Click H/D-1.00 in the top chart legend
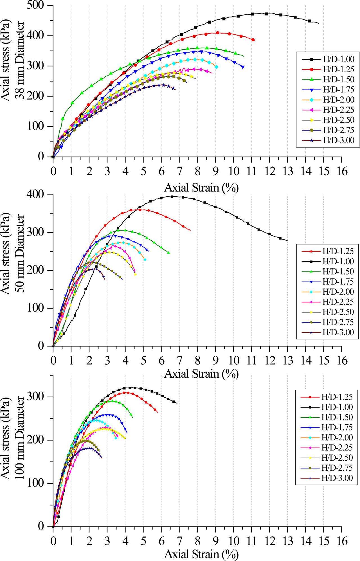point(338,59)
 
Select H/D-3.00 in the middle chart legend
point(338,332)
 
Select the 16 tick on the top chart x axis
point(341,171)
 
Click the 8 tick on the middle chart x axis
point(197,360)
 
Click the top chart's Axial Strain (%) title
point(201,187)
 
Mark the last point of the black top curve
point(318,23)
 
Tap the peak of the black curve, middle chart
point(172,196)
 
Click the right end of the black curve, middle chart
point(287,240)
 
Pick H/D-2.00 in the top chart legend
point(338,100)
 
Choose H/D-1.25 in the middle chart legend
point(338,251)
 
